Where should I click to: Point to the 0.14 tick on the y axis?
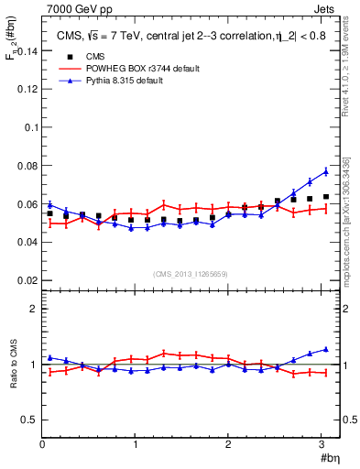(23, 52)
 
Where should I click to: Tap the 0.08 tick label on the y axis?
(23, 166)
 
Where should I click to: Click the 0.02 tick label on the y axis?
(23, 279)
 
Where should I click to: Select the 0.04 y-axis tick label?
(23, 242)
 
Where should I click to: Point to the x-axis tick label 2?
(228, 445)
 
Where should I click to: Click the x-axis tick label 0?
(42, 445)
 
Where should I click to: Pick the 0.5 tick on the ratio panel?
(27, 420)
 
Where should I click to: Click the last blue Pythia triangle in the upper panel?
(325, 171)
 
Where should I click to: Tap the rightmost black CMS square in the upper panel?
(325, 197)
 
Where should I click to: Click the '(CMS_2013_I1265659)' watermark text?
(190, 274)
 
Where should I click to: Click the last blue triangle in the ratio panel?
(325, 349)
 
